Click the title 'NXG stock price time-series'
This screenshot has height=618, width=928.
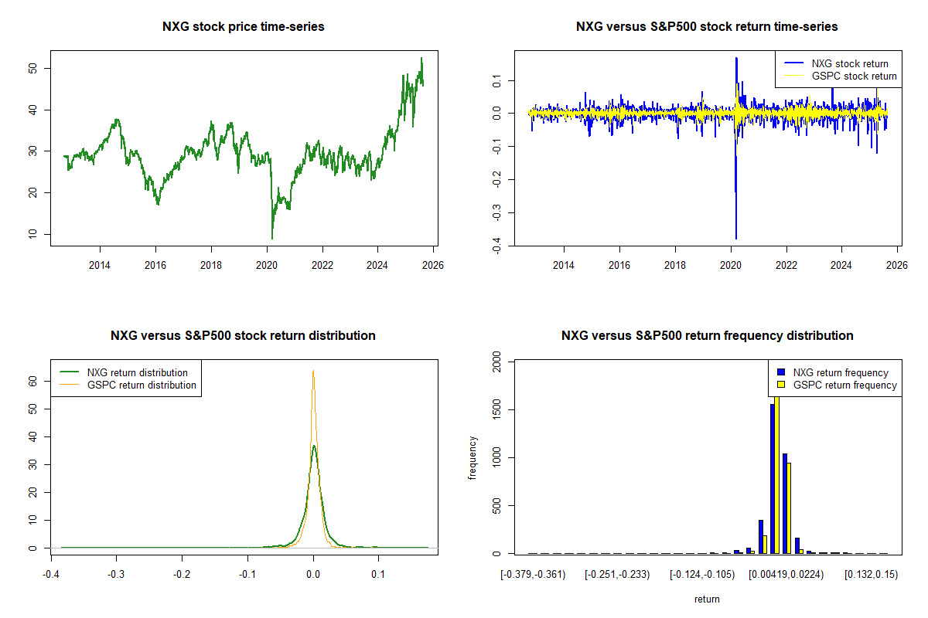[243, 27]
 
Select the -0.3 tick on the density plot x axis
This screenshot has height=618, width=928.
[116, 575]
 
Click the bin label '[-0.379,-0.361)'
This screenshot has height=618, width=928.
[533, 575]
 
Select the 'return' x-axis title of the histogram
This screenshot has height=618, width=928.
[707, 599]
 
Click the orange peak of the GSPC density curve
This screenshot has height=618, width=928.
[313, 372]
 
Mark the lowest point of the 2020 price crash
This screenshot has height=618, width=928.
[272, 238]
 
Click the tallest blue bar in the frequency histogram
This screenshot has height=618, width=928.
[772, 479]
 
